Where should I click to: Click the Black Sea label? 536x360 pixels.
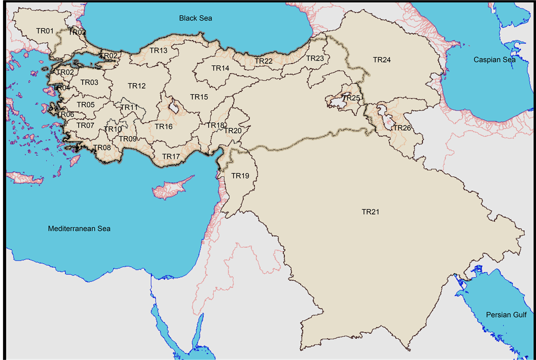pos(195,18)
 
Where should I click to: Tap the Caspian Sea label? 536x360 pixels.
pos(494,60)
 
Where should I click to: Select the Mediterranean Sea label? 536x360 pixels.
pos(79,229)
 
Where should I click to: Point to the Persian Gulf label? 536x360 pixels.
pos(506,315)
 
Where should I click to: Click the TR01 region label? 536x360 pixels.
pos(45,31)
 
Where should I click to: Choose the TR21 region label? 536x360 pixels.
pos(370,212)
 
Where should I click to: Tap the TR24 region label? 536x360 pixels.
pos(382,60)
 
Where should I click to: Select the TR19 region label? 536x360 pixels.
pos(240,176)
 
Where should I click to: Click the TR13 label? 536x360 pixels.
pos(158,50)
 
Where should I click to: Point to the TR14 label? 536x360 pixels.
pos(220,68)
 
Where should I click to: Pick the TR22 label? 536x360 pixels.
pos(263,61)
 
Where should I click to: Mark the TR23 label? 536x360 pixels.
pos(315,59)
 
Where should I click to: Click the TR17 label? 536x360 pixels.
pos(171,157)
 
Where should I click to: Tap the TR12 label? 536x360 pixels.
pos(136,86)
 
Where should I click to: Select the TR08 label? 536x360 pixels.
pos(102,147)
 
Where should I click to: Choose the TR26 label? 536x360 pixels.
pos(402,128)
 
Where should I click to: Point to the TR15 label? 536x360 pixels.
pos(199,96)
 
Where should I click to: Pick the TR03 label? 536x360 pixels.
pos(89,82)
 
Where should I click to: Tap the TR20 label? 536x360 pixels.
pos(233,131)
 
